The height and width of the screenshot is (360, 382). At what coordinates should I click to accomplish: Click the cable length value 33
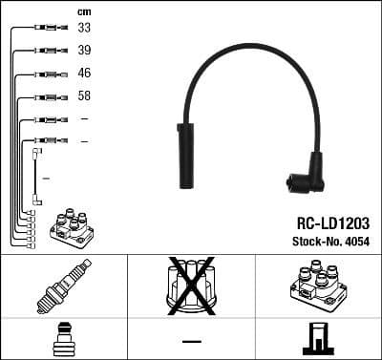point(84,29)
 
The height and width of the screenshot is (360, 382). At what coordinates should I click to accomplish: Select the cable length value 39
point(84,51)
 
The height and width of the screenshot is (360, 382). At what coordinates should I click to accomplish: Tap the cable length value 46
point(84,74)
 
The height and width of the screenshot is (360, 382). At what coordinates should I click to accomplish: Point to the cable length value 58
point(84,96)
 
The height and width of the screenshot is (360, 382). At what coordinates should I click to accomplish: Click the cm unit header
point(83,11)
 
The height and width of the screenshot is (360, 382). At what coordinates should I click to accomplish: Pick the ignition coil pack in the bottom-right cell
point(318,286)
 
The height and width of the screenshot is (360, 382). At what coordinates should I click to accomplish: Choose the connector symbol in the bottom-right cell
point(318,339)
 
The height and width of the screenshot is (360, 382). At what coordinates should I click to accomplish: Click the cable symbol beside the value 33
point(45,29)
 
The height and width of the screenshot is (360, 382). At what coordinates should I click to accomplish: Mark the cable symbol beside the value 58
point(45,96)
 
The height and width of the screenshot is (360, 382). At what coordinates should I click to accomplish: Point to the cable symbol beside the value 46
point(45,74)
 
